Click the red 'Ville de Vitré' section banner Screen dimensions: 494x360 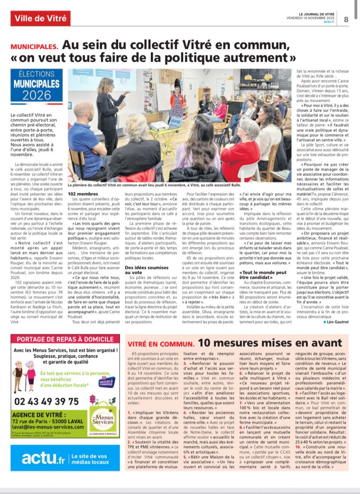tap(40, 19)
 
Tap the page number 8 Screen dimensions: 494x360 tap(346, 19)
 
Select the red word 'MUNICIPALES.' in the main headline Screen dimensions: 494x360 tap(35, 47)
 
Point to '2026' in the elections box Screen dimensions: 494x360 tap(37, 95)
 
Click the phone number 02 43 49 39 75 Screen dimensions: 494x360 tap(47, 401)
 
